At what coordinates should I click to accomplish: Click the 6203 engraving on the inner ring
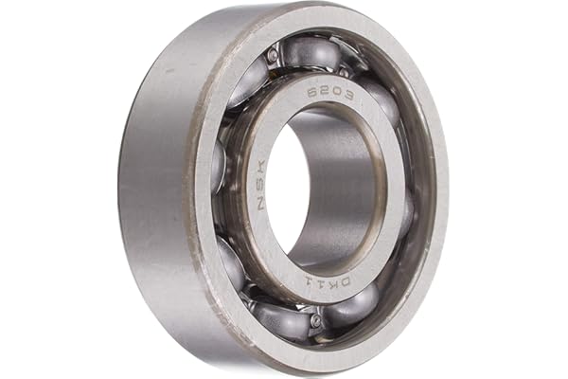330,96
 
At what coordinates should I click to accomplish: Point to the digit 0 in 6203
336,95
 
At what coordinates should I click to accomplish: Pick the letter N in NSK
261,204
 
